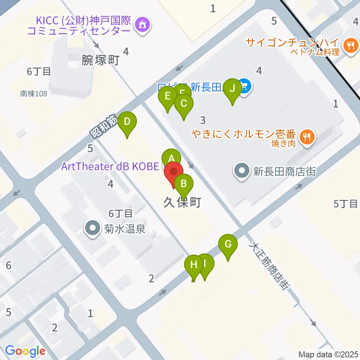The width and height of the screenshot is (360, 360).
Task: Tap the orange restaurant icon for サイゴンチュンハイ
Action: point(351,46)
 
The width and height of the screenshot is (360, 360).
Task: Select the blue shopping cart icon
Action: point(244,87)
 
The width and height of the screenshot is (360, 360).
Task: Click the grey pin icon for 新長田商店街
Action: point(241,172)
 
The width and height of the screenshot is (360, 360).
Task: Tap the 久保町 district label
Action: point(182,203)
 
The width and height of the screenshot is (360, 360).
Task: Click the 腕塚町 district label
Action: point(100,60)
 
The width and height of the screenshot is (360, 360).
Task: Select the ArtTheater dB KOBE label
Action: point(111,166)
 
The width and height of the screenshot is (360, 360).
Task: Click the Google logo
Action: point(25,351)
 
